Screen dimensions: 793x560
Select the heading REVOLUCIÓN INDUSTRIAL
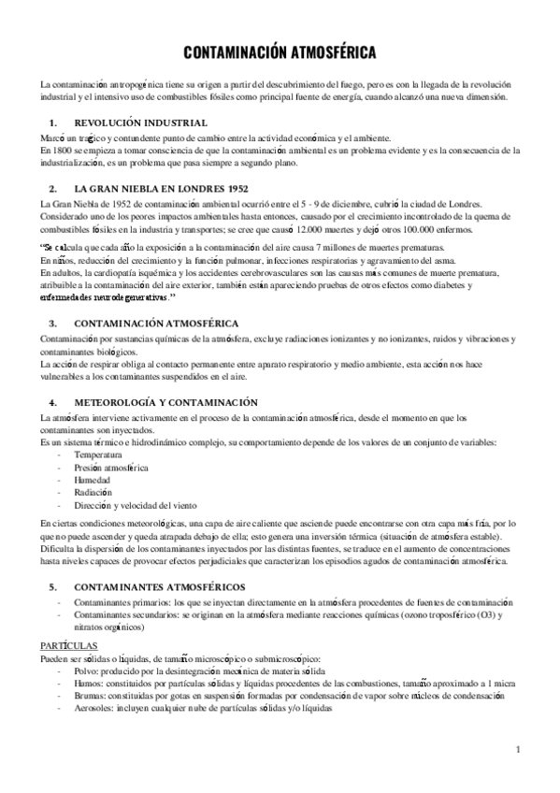click(x=140, y=123)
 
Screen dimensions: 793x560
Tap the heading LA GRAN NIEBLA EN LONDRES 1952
click(x=166, y=188)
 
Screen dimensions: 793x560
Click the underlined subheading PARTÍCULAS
click(x=68, y=646)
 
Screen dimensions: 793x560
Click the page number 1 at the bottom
click(x=518, y=748)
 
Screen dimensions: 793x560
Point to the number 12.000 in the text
click(x=314, y=227)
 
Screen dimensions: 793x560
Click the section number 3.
click(x=52, y=321)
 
